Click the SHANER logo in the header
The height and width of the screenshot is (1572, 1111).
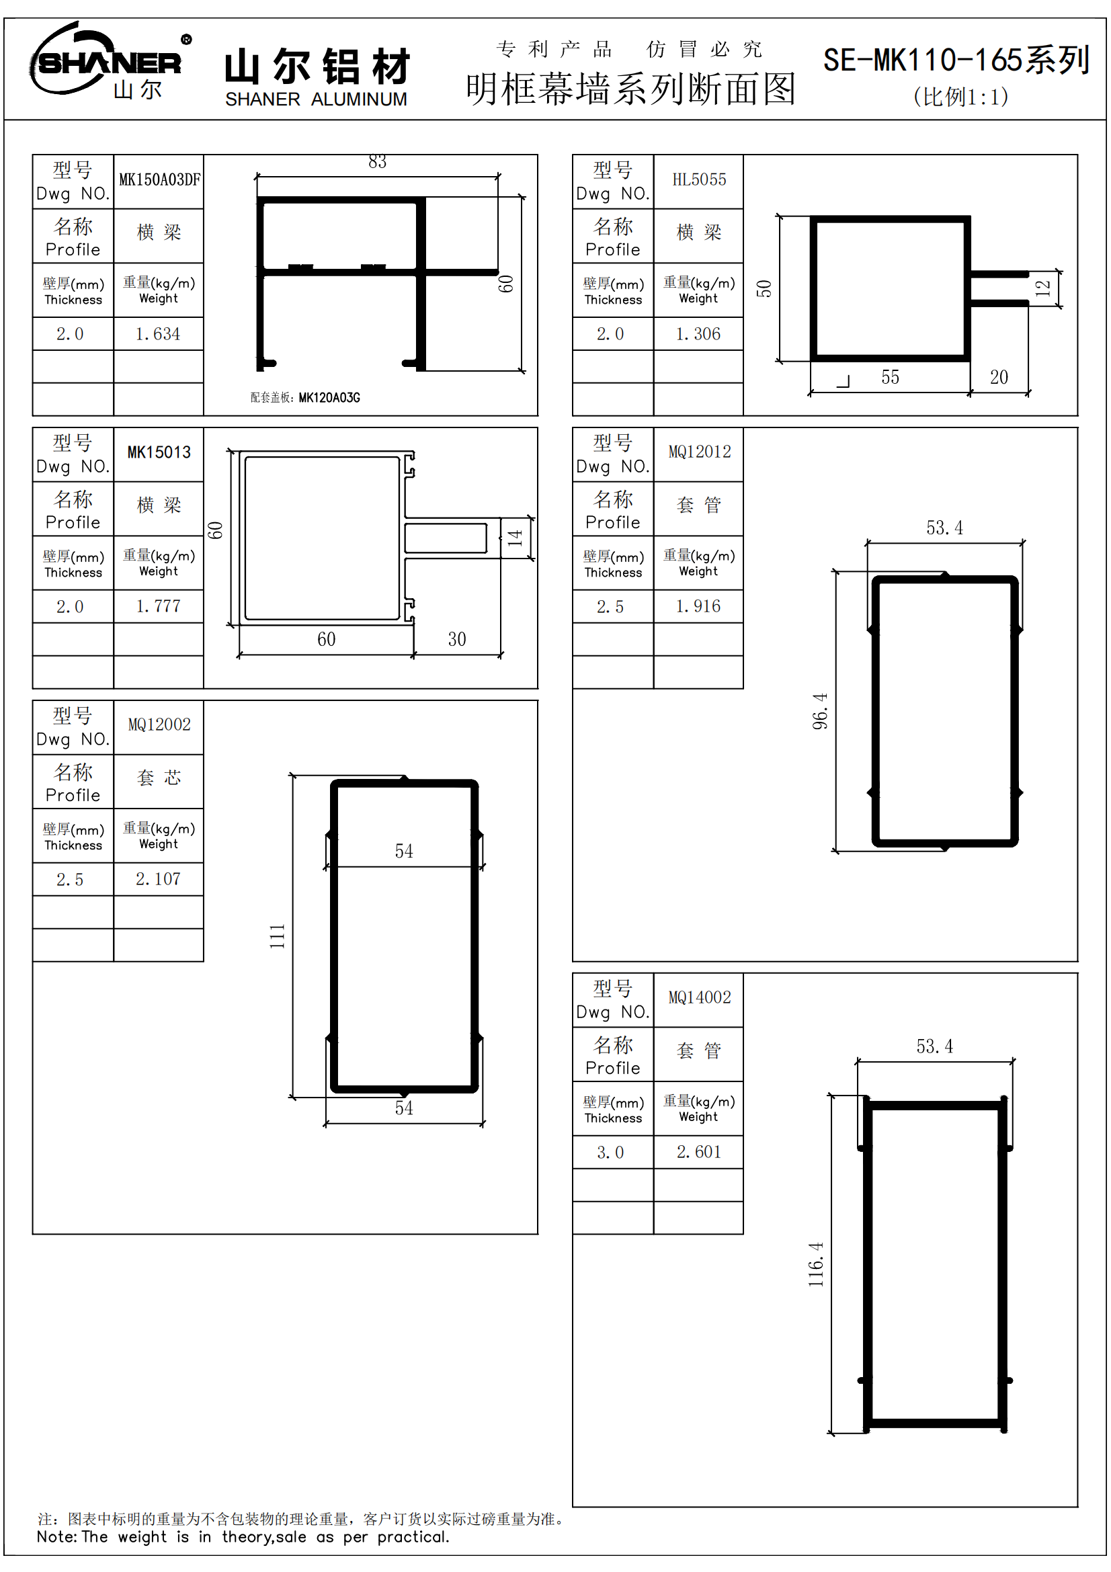[110, 62]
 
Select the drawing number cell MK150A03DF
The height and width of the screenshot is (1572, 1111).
[159, 180]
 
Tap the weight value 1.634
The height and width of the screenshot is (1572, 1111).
[158, 334]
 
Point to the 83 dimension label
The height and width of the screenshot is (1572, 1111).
[377, 162]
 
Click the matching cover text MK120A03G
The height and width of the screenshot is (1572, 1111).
[329, 398]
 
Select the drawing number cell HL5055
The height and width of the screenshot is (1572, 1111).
[699, 180]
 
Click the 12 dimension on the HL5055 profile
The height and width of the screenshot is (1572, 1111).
[1042, 288]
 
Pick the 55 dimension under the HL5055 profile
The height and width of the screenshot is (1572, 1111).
[890, 377]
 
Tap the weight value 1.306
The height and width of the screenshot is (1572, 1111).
[698, 334]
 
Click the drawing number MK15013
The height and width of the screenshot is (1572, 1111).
[159, 452]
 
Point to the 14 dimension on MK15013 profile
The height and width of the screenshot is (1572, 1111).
[515, 538]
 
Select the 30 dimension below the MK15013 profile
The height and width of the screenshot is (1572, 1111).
[456, 639]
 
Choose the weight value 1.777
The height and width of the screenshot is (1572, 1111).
[158, 607]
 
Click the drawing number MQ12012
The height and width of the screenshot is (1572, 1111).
[699, 452]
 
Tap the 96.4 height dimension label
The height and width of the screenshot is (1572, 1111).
[820, 711]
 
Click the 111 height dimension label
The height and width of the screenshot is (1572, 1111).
[277, 937]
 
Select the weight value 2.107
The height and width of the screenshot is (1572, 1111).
[158, 879]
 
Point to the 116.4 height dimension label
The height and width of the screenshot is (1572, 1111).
[816, 1265]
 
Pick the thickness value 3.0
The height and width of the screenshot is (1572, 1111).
[610, 1153]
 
